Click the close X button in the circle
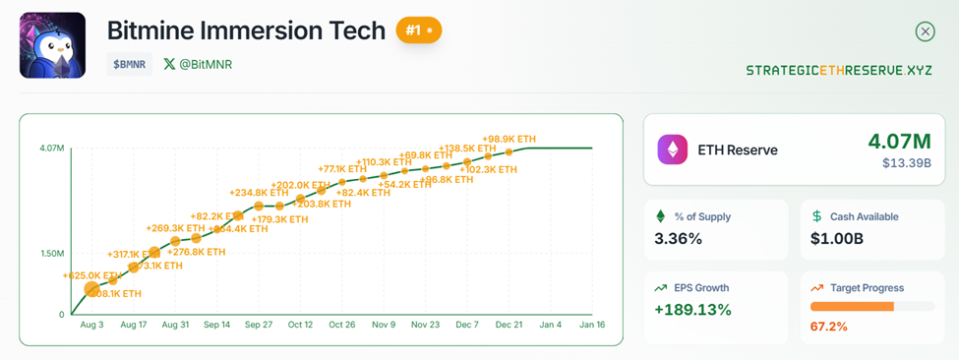click(925, 31)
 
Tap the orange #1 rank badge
click(419, 30)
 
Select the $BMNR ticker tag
click(130, 64)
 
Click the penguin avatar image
click(52, 45)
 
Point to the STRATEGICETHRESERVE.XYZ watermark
click(839, 71)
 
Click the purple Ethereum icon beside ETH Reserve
click(674, 150)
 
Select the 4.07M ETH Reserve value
click(899, 141)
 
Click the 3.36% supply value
click(679, 238)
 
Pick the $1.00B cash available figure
click(836, 238)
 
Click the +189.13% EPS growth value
click(693, 310)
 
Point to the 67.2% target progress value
click(829, 326)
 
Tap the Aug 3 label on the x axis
click(92, 325)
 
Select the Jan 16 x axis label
click(591, 325)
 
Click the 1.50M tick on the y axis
click(52, 253)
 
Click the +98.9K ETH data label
click(509, 140)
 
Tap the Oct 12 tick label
click(301, 325)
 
